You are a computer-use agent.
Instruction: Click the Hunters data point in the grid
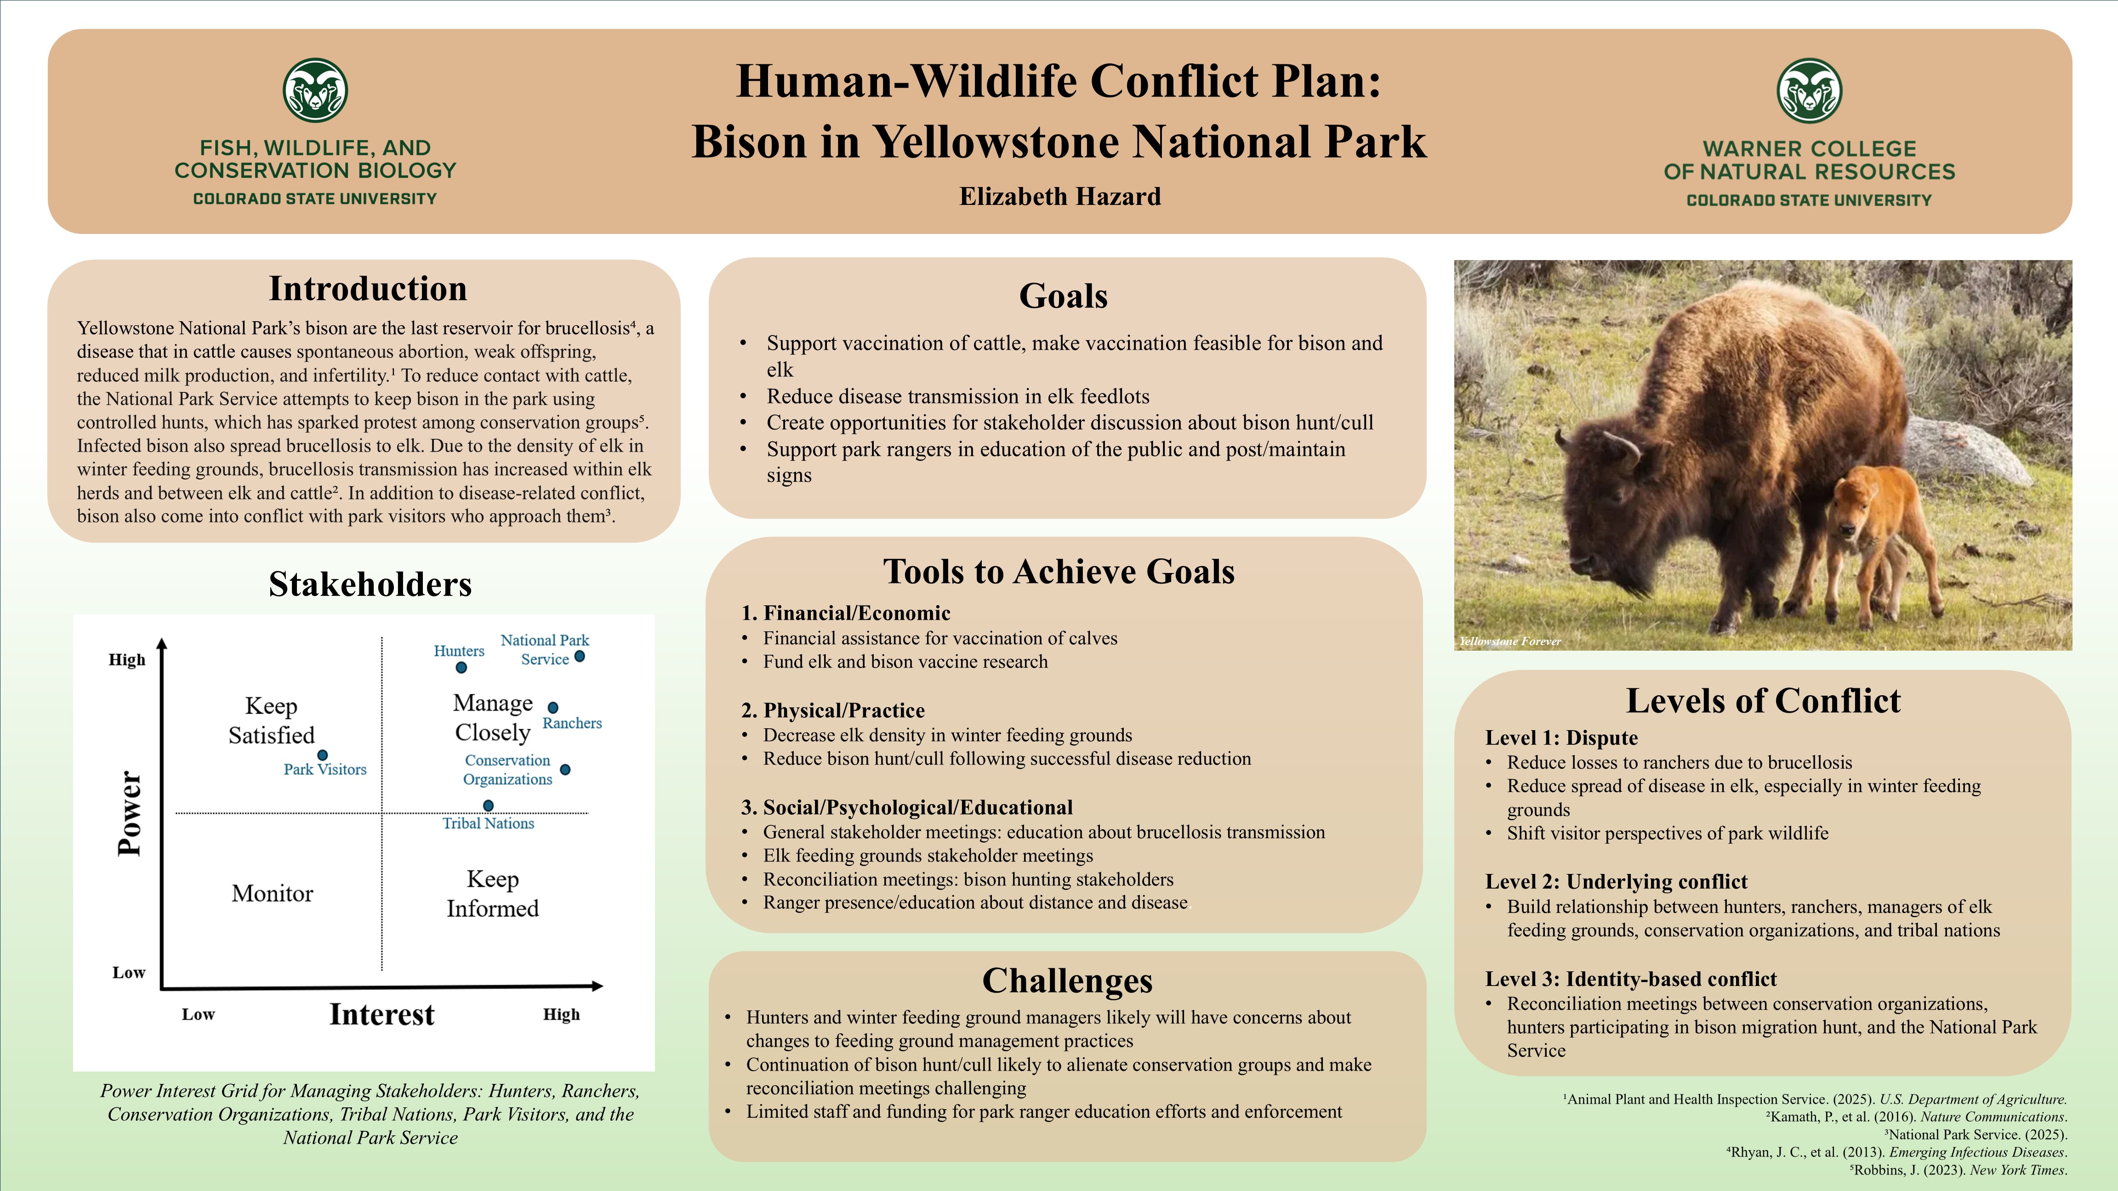[x=461, y=668]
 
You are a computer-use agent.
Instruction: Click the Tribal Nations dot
[x=489, y=805]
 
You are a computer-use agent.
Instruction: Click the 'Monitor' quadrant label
[x=272, y=893]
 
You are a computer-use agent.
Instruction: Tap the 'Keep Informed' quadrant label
[x=493, y=893]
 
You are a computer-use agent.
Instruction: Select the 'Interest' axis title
[x=381, y=1014]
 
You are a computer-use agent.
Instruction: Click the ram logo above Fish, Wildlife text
[x=315, y=91]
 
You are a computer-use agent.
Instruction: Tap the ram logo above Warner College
[x=1809, y=91]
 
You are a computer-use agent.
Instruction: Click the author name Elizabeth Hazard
[x=1060, y=197]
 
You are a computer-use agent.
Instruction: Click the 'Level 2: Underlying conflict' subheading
[x=1616, y=882]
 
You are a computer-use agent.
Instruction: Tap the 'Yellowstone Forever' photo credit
[x=1509, y=641]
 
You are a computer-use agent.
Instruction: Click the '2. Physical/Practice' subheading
[x=833, y=710]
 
